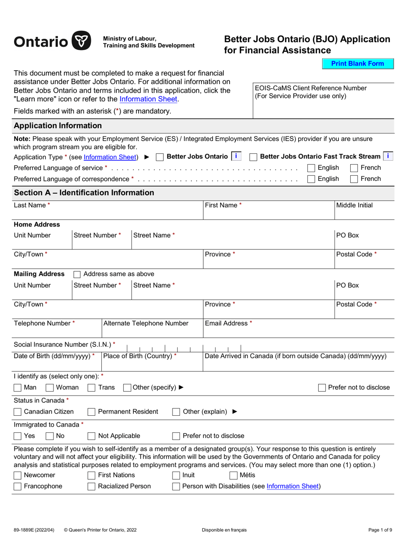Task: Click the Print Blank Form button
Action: (357, 64)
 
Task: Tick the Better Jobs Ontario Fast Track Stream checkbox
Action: (253, 157)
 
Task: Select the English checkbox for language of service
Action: (311, 168)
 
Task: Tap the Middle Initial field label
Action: (354, 205)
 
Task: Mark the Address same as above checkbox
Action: (77, 274)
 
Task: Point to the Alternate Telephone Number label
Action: (146, 324)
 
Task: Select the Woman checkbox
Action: (50, 388)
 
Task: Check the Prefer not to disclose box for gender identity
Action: (322, 388)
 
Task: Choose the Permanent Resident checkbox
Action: (91, 412)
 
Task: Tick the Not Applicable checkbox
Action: (91, 436)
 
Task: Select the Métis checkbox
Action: (234, 475)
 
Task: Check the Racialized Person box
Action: (91, 486)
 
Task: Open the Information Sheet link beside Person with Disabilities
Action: (293, 486)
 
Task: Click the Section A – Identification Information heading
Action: (84, 193)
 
